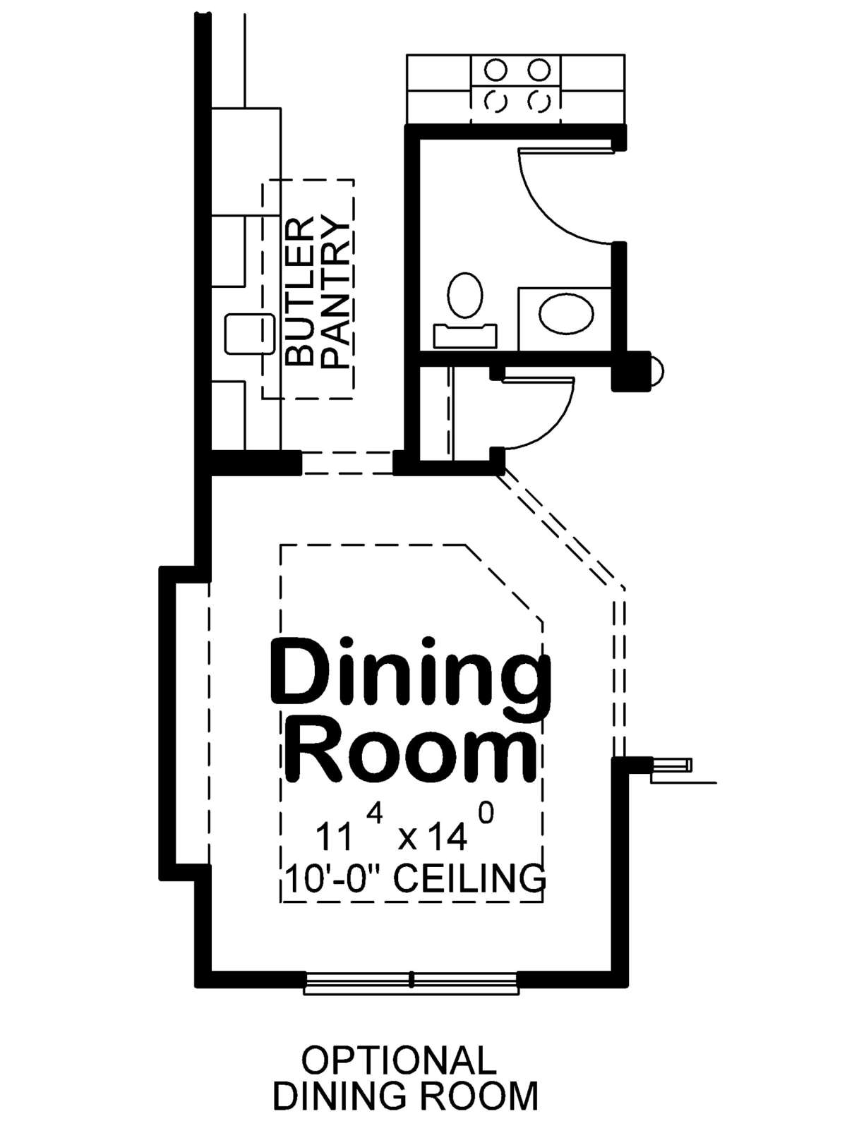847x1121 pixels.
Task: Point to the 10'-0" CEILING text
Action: pos(415,878)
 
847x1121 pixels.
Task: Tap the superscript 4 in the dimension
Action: pos(375,813)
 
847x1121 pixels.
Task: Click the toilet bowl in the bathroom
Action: pos(465,295)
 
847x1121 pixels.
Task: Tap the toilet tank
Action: pos(465,336)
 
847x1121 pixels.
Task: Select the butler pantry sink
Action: pos(249,334)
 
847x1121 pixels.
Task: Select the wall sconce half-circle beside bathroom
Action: pos(657,369)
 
